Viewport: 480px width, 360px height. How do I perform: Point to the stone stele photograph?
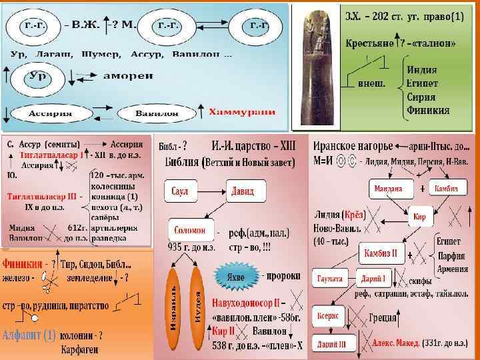point(316,67)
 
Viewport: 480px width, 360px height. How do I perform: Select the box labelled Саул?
point(180,191)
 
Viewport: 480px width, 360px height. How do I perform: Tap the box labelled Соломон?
point(190,230)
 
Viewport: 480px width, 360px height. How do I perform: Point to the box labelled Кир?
point(418,217)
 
